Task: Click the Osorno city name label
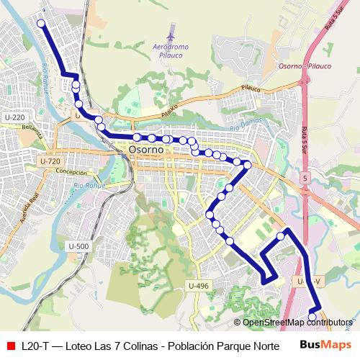[148, 150]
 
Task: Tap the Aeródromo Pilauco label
[171, 50]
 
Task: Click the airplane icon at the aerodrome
[171, 33]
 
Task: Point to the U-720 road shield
[50, 161]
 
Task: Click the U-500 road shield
[79, 246]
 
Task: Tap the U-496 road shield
[199, 286]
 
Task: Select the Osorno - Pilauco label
[304, 66]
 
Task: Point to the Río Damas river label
[243, 127]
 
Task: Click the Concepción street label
[71, 173]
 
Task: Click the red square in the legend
[10, 345]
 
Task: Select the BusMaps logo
[325, 344]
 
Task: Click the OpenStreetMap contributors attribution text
[297, 323]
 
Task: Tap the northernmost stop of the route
[41, 24]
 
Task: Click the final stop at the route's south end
[312, 316]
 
